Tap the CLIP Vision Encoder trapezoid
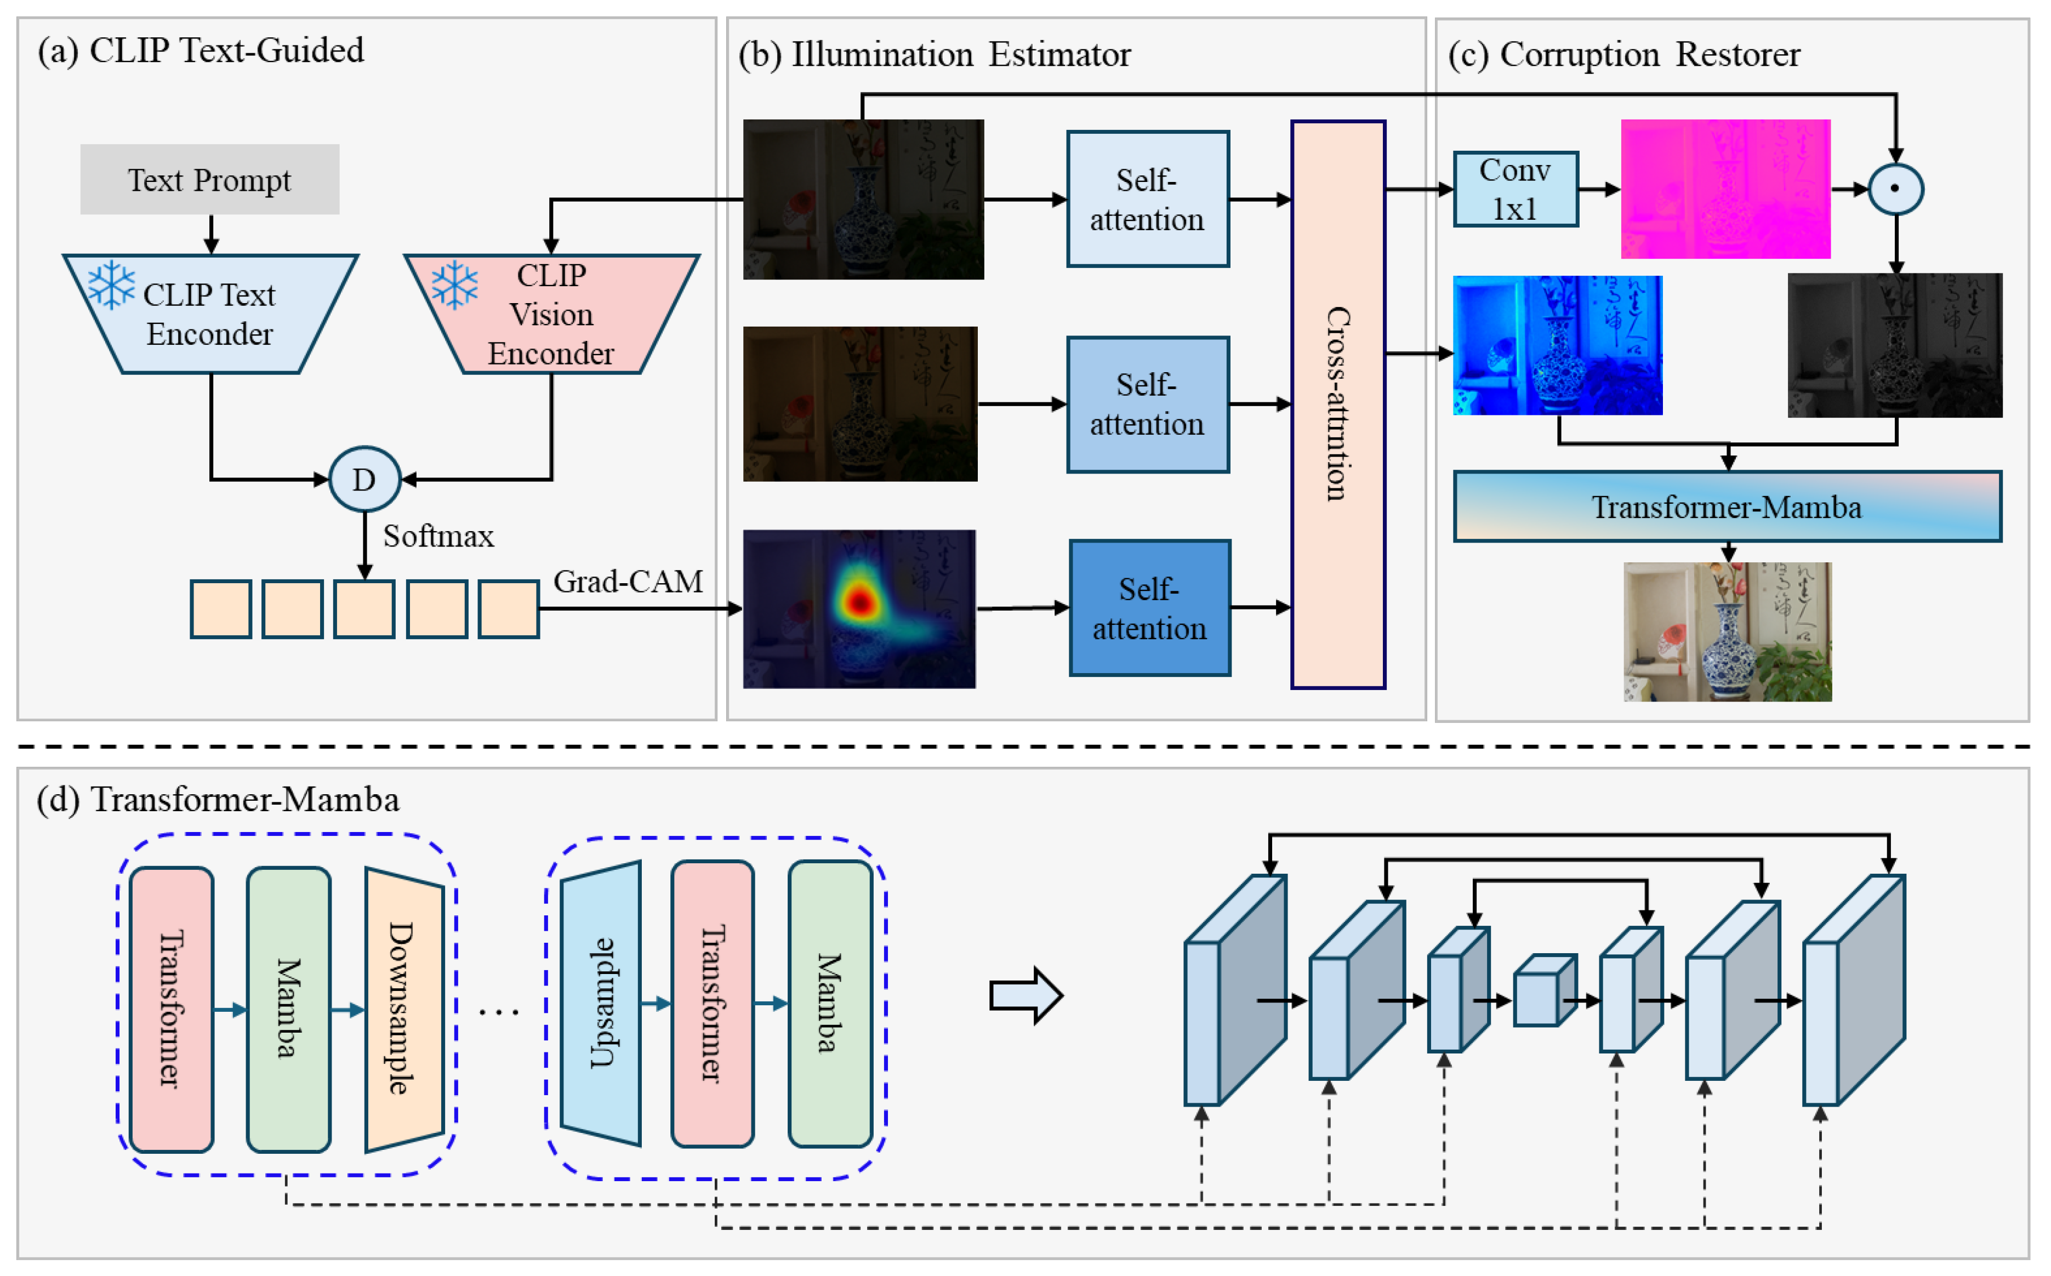click(x=551, y=313)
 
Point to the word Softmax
click(x=438, y=536)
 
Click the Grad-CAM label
click(x=628, y=582)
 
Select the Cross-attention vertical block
click(x=1338, y=405)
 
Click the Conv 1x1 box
click(x=1516, y=189)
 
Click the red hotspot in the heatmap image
click(x=859, y=601)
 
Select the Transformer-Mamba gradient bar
click(x=1727, y=506)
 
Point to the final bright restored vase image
click(x=1727, y=631)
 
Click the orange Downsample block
click(x=404, y=1009)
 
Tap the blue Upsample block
click(x=601, y=1004)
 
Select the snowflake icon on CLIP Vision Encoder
click(x=455, y=284)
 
